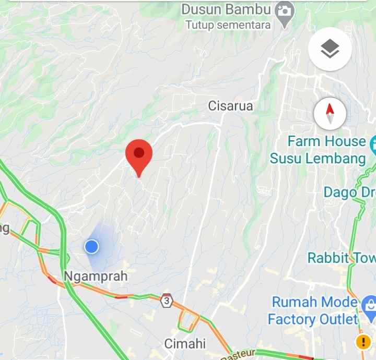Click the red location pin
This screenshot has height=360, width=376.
[x=139, y=154]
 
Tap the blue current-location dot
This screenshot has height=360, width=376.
[x=92, y=246]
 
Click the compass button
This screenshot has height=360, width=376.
[x=330, y=114]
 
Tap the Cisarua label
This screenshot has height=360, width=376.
[x=230, y=106]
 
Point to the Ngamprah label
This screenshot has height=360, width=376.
[x=96, y=276]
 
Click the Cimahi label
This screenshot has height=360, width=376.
[x=185, y=344]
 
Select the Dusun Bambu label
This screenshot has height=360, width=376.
[x=226, y=9]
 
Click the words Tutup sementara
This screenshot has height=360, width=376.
[x=228, y=25]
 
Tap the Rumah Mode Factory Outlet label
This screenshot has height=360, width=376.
[x=313, y=310]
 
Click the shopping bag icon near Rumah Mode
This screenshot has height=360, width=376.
[x=369, y=303]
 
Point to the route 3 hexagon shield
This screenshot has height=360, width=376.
[x=167, y=301]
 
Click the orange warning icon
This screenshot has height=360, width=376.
[x=363, y=342]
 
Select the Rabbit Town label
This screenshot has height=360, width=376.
[x=340, y=258]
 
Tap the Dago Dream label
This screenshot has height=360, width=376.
[x=349, y=192]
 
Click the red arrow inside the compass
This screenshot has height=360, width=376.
[x=330, y=110]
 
